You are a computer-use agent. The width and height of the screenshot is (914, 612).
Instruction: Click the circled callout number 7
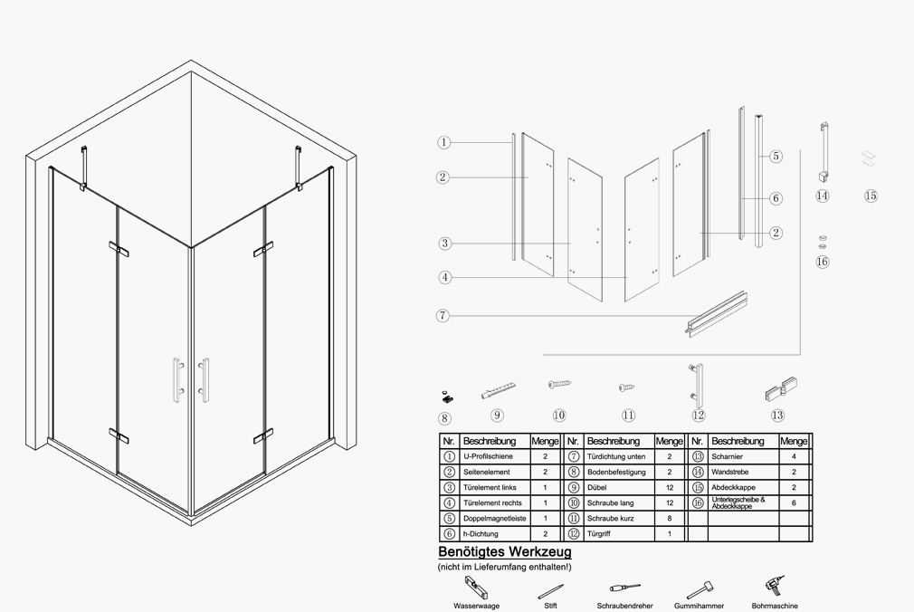(x=443, y=316)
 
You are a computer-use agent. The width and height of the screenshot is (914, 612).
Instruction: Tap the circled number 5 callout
(x=776, y=156)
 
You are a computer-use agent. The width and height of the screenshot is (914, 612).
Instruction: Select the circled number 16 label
(x=822, y=262)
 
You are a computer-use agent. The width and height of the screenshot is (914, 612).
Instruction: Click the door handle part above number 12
(x=697, y=385)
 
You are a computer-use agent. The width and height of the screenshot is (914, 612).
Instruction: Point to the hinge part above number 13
(x=781, y=389)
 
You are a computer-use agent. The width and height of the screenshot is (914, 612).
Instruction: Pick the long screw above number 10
(x=559, y=384)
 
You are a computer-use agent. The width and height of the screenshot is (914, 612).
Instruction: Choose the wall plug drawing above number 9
(x=499, y=389)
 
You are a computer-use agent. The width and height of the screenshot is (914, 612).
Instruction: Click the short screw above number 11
(x=626, y=387)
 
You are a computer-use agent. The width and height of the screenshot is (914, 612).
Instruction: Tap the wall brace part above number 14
(x=824, y=152)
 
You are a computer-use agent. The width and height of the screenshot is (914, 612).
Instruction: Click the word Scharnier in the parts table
(x=727, y=456)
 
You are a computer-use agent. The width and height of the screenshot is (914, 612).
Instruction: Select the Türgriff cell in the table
(x=599, y=534)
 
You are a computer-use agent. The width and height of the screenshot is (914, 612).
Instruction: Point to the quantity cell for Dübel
(x=669, y=487)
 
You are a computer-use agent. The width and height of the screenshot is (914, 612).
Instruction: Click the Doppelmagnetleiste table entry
(x=494, y=518)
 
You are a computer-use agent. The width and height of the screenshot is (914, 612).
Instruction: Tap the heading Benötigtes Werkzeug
(x=505, y=551)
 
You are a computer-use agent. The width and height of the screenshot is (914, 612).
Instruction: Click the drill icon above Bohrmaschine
(x=776, y=586)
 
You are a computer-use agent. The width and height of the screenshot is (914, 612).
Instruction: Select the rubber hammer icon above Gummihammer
(x=700, y=589)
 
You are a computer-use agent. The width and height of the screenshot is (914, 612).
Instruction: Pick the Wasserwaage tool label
(x=476, y=606)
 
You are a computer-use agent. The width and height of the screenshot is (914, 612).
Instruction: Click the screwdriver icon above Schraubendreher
(x=625, y=588)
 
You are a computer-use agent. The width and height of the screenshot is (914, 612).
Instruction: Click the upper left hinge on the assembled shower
(x=119, y=249)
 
